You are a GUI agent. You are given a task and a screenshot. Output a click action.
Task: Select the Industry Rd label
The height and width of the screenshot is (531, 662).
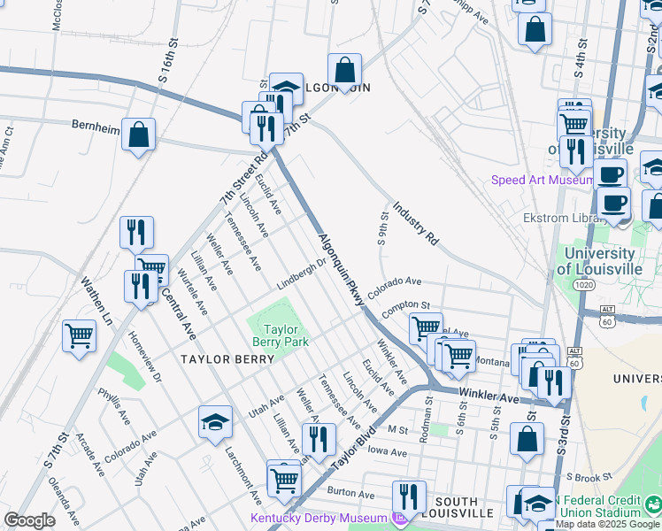click(x=415, y=222)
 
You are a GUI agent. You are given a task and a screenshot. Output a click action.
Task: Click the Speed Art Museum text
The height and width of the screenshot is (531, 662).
click(x=542, y=181)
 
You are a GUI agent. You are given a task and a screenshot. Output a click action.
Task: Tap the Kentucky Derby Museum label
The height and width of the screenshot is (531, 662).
click(x=319, y=518)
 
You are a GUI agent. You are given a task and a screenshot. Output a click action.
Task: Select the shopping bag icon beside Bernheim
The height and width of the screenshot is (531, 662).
click(x=139, y=135)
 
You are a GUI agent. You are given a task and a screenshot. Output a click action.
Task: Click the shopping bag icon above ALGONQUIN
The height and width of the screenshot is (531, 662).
click(x=344, y=70)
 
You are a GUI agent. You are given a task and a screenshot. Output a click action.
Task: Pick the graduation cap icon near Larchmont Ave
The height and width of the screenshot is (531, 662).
click(x=215, y=423)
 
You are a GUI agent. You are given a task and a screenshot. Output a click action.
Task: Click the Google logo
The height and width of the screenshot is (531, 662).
click(x=29, y=520)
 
